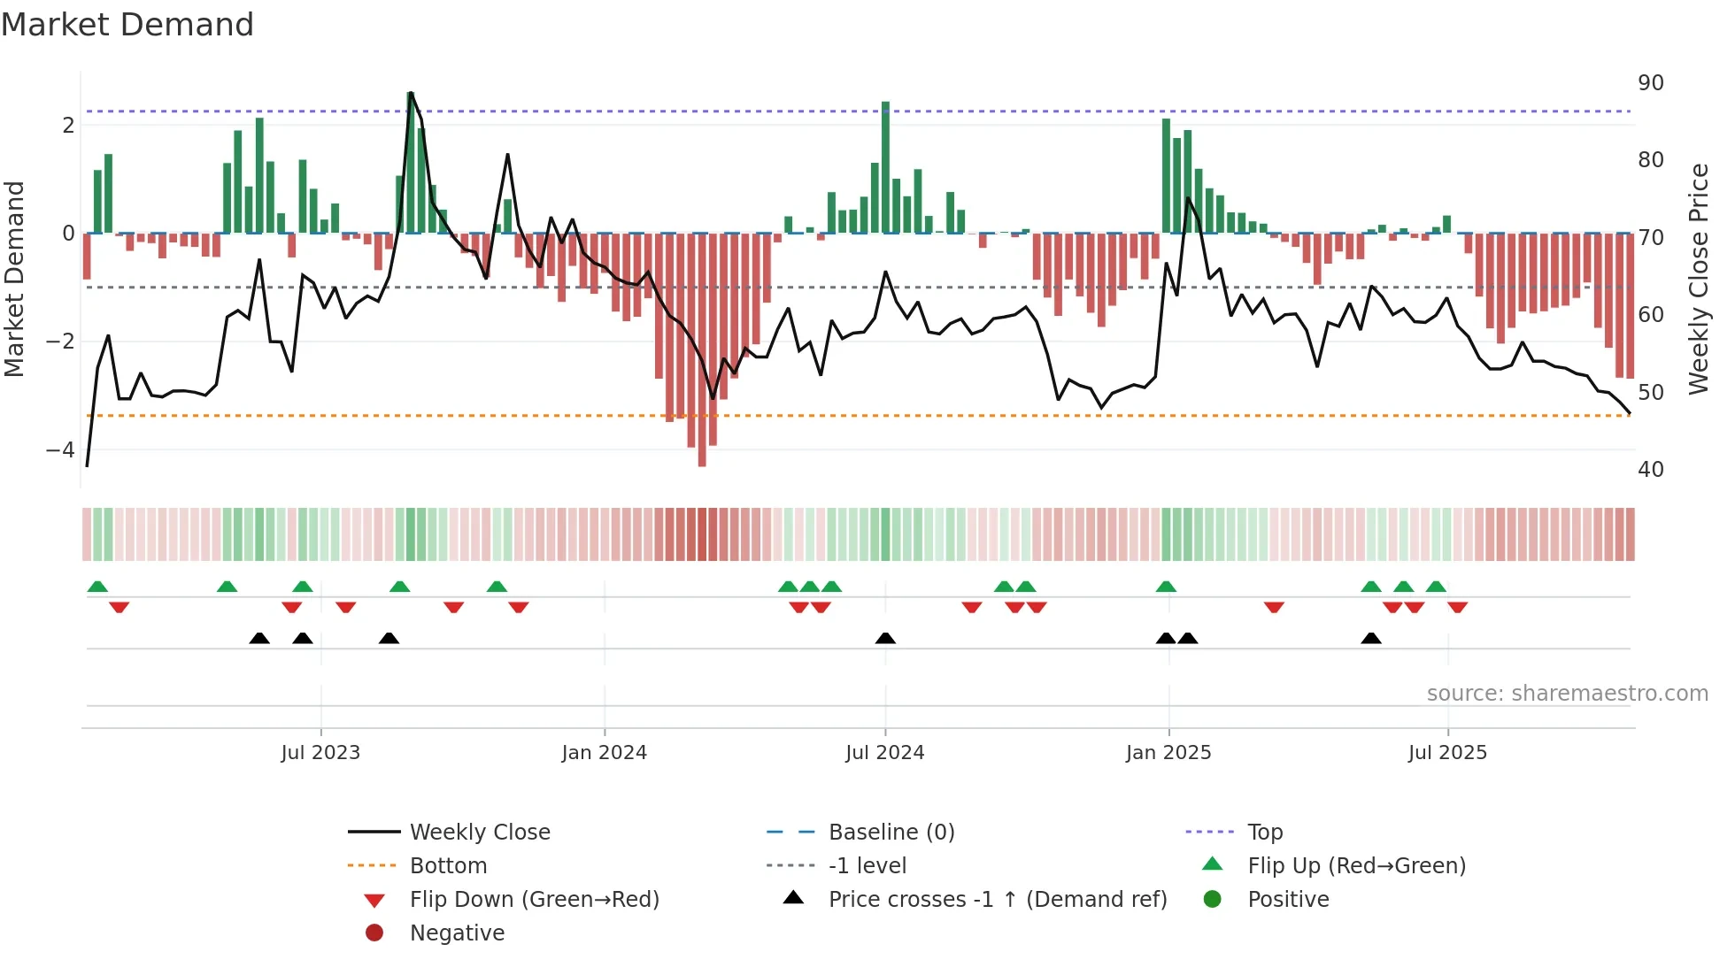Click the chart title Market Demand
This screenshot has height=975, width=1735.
127,25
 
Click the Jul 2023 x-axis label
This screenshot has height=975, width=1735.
320,753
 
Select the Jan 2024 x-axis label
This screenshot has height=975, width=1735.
604,753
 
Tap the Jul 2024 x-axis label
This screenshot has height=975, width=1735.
884,753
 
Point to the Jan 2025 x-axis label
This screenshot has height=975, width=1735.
1168,753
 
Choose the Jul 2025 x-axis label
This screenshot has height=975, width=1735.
1447,753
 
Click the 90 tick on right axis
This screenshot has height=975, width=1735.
1650,83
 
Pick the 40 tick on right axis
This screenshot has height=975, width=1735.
1650,470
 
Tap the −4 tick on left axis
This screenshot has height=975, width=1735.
60,450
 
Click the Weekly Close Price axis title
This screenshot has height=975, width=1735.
1698,279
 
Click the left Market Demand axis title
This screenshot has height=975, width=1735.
14,279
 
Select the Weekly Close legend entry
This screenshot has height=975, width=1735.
479,833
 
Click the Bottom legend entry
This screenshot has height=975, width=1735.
448,866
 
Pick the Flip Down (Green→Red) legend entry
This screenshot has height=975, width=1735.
534,900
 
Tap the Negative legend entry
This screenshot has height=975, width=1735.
457,933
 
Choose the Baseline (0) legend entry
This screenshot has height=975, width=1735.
891,833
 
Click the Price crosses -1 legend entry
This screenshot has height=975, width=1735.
997,900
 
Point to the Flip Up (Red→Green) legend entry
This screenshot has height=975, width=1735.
1356,866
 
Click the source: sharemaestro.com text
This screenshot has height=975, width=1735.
1567,694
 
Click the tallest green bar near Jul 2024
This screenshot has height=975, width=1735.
885,168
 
